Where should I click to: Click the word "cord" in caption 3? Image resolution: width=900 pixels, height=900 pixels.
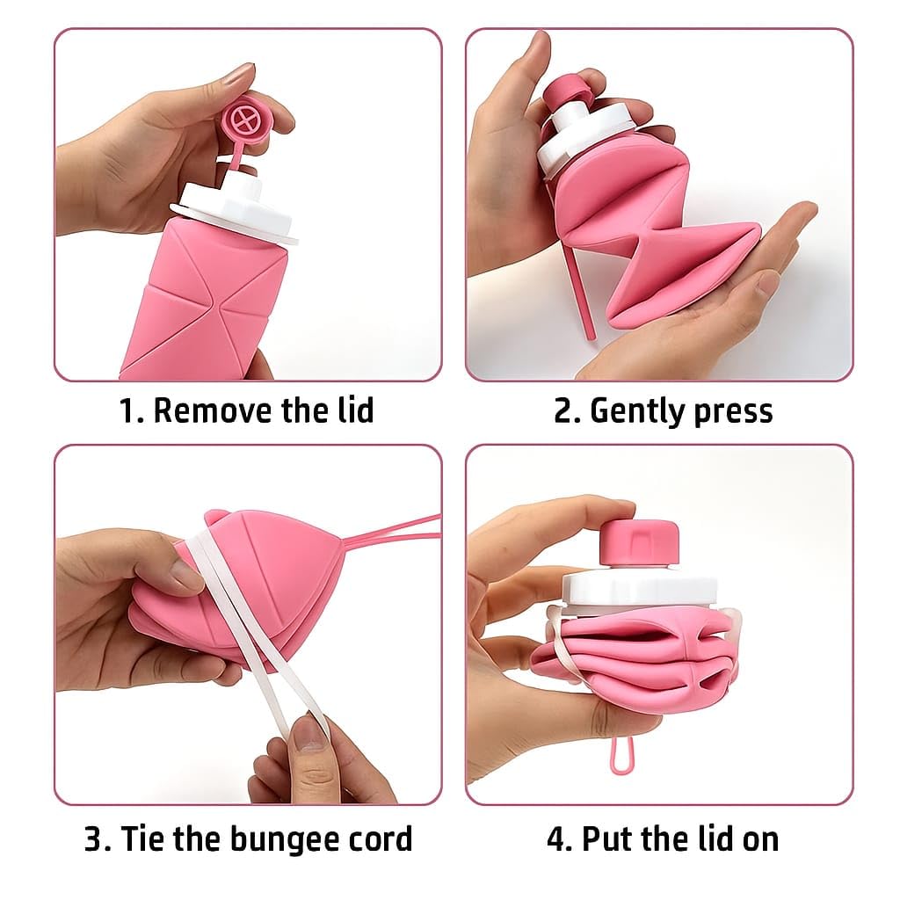click(x=379, y=838)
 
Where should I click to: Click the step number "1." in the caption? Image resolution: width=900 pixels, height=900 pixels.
click(x=131, y=410)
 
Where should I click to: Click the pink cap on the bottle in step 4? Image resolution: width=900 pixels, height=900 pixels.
click(x=639, y=541)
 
